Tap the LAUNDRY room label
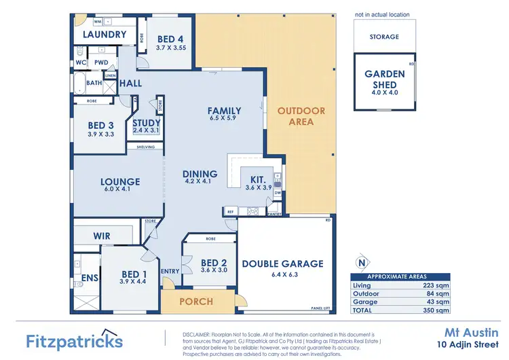[x=104, y=35]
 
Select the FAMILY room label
[x=224, y=110]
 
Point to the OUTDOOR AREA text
[x=301, y=116]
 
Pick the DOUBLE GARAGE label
[x=283, y=264]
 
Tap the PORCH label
[x=196, y=301]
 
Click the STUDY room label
[x=147, y=123]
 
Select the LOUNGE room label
[x=120, y=182]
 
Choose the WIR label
[x=102, y=236]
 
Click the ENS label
[x=90, y=277]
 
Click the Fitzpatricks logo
[x=74, y=340]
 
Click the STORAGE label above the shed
[x=385, y=37]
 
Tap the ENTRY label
[x=170, y=272]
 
